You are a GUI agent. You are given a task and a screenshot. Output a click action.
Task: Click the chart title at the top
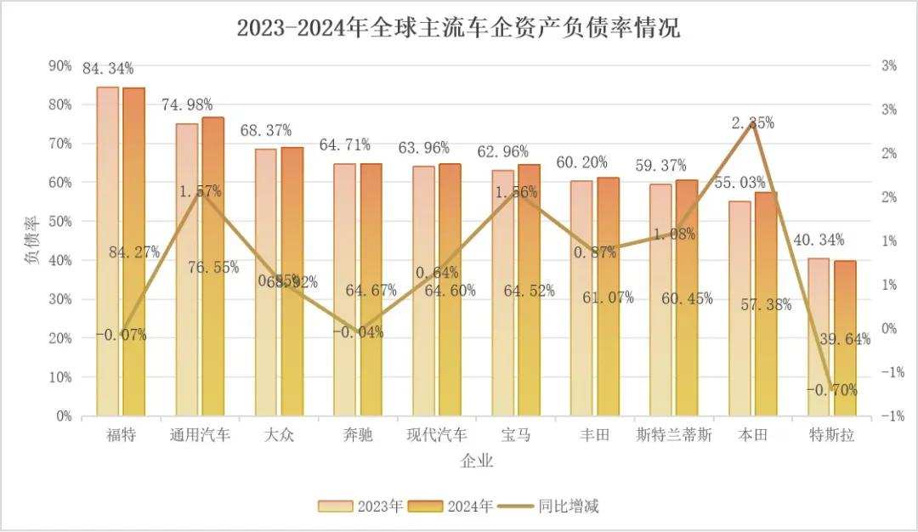pyautogui.click(x=458, y=28)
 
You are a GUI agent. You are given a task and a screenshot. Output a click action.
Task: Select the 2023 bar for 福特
pyautogui.click(x=108, y=255)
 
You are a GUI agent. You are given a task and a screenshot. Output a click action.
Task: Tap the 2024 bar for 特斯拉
pyautogui.click(x=845, y=340)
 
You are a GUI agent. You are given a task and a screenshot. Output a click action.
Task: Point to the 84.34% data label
pyautogui.click(x=108, y=69)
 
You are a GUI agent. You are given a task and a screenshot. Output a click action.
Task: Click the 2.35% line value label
pyautogui.click(x=753, y=123)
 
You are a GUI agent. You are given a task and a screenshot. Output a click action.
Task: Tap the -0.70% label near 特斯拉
pyautogui.click(x=831, y=391)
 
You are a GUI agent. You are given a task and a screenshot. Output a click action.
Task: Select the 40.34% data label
pyautogui.click(x=819, y=241)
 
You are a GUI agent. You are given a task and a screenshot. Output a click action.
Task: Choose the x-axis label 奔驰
pyautogui.click(x=357, y=435)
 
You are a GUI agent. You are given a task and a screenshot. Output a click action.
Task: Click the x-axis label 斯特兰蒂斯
pyautogui.click(x=673, y=435)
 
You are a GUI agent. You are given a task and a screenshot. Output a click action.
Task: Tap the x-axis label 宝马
pyautogui.click(x=516, y=435)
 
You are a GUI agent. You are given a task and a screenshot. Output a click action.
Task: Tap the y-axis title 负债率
pyautogui.click(x=31, y=242)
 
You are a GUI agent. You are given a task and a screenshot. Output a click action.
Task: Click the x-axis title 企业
pyautogui.click(x=477, y=462)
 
